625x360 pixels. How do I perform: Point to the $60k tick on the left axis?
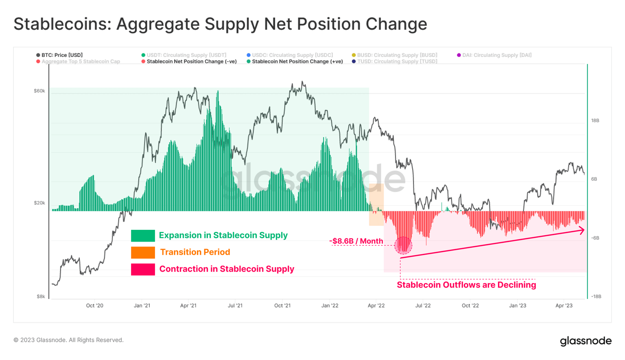click(39, 91)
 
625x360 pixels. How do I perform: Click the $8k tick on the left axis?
click(41, 296)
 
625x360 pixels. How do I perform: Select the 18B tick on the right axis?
click(595, 120)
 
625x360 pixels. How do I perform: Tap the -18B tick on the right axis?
click(596, 296)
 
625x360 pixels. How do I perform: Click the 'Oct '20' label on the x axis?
click(94, 305)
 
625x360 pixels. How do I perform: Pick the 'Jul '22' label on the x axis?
click(423, 305)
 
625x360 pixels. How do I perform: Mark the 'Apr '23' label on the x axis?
click(564, 305)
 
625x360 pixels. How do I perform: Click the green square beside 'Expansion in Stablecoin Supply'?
click(143, 236)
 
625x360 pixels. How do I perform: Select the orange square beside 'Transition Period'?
click(143, 252)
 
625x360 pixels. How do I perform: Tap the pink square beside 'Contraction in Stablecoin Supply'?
click(143, 269)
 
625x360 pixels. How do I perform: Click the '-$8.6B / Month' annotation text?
click(356, 241)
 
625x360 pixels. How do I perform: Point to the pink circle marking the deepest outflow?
click(403, 245)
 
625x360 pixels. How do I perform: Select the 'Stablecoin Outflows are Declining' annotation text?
click(466, 285)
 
